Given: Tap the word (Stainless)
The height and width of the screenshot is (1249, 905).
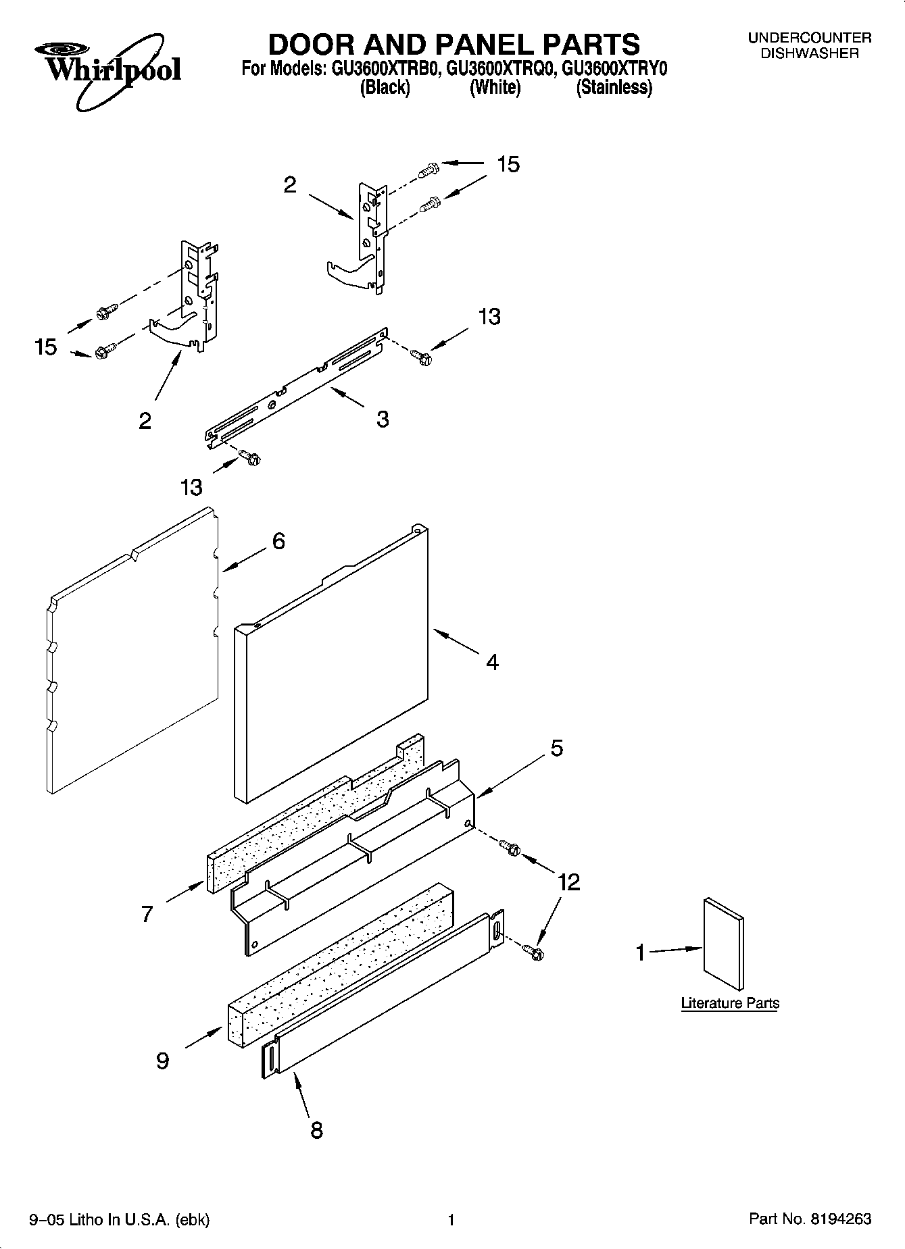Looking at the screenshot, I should pos(614,87).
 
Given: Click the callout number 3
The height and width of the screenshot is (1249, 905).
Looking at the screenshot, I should pos(383,419).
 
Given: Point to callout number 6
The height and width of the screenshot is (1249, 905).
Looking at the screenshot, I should pos(278,541).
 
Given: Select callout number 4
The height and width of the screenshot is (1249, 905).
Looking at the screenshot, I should pos(493,663).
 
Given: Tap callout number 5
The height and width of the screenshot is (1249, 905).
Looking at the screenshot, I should pos(557,748).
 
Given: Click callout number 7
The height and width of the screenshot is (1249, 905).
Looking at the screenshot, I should pos(147,915).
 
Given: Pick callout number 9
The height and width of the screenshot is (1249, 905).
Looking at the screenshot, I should pos(162,1061).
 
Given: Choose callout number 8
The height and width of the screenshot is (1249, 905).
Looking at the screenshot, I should pos(316,1129).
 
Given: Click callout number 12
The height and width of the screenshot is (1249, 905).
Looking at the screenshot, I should pos(569,882).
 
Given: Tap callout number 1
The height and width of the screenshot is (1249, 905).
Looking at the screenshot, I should pos(640,953).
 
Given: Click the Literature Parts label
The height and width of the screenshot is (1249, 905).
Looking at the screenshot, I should pos(730,1003).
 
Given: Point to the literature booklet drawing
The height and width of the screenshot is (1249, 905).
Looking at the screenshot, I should pos(723,945).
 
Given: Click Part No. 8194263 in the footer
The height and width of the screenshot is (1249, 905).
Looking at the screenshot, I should pos(810,1219).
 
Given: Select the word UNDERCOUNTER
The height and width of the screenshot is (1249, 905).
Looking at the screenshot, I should pos(809,39).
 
